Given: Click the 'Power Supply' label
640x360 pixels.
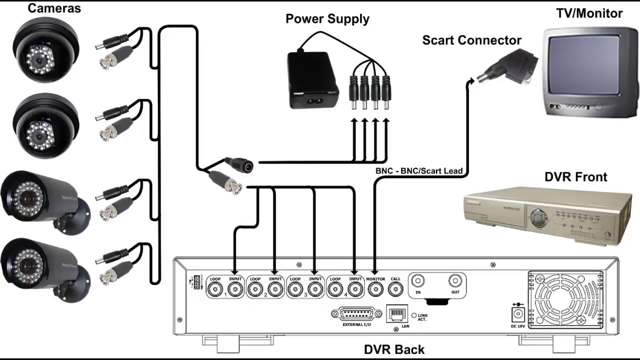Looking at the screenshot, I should coord(327,19).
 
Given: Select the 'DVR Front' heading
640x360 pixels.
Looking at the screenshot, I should coord(575,177).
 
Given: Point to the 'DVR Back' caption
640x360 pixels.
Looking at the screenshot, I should coord(394,349).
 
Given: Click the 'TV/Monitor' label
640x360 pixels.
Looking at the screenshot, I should coord(589,13).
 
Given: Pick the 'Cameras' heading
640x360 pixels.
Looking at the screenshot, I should coord(54,8).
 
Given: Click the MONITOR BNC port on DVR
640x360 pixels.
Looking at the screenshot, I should coord(375,289).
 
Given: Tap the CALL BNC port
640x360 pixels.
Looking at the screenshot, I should coord(395,289).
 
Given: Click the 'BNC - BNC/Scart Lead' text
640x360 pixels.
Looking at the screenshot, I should coord(419,171).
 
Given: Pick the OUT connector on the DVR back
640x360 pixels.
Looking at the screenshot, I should coord(454,281).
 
